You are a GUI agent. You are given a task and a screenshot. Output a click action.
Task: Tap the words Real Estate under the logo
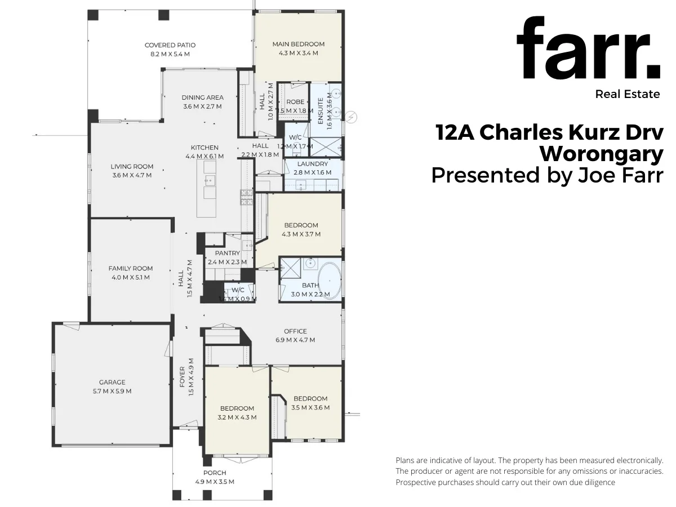627,94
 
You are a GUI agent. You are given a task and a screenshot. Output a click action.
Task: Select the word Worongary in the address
601,153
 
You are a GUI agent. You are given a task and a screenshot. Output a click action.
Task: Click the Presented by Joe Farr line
547,175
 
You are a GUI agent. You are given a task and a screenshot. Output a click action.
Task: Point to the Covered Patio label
170,45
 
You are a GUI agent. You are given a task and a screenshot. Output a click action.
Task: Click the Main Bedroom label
299,44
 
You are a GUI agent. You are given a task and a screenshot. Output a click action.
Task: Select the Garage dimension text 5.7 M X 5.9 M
113,391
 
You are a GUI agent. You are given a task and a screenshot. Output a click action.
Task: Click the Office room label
295,331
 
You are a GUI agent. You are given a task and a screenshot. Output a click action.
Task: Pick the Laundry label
312,164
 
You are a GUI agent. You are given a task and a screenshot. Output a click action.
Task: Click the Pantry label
227,253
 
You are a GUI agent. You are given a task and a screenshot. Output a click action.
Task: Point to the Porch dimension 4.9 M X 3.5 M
214,482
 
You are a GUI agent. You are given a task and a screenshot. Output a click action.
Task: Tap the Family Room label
131,269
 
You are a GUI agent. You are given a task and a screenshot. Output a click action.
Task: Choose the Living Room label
132,166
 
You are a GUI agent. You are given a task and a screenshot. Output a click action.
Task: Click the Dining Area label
203,97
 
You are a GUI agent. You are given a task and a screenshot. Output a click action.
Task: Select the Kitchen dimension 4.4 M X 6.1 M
204,157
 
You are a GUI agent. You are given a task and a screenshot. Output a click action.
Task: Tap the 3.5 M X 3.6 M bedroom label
310,407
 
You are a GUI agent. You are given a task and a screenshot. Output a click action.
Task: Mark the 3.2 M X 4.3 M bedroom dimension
237,417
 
